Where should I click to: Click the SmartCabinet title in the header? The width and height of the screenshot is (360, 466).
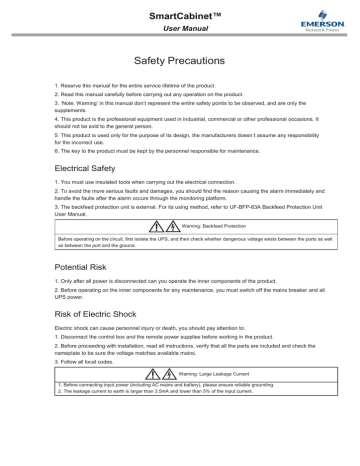point(180,16)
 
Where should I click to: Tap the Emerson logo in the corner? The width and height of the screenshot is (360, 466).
point(327,22)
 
